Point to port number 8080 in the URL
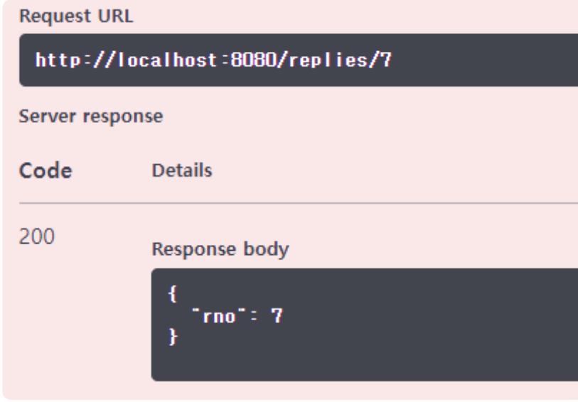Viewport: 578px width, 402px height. tap(249, 60)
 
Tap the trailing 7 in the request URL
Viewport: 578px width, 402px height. tap(387, 60)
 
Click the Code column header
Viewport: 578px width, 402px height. tap(46, 171)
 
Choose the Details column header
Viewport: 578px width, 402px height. tap(182, 171)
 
